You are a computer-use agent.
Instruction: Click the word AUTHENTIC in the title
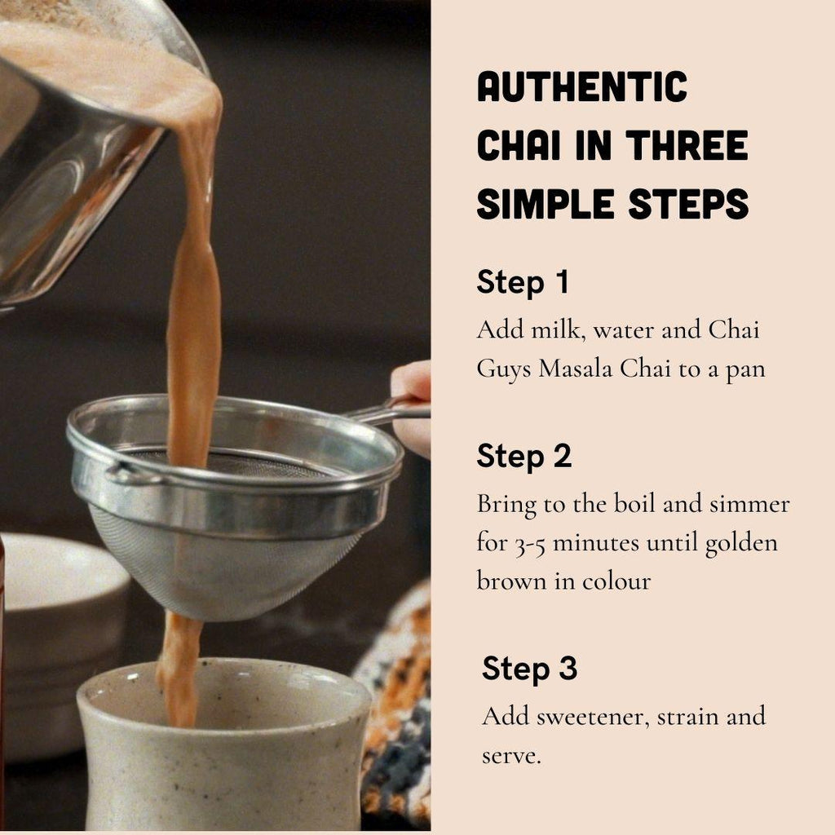pos(582,88)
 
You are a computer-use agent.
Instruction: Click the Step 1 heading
pos(522,282)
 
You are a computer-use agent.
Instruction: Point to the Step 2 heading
pos(524,456)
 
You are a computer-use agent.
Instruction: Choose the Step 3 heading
pos(529,668)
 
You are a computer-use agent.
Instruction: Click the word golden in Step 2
pos(740,543)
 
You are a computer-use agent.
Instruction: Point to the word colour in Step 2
pos(616,582)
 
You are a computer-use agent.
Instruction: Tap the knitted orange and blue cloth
pos(395,701)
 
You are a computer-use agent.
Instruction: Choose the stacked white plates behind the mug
pos(57,620)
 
